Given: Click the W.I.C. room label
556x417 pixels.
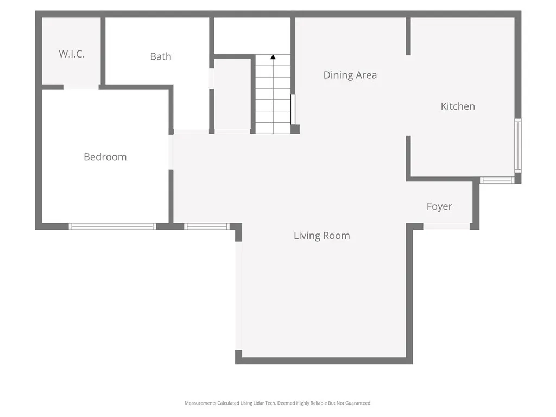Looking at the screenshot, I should (x=72, y=54).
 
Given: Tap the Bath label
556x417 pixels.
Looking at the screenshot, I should (x=161, y=56).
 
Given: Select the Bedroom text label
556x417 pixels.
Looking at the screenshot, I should (x=105, y=157).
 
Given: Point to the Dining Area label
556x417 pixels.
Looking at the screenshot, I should (x=350, y=75).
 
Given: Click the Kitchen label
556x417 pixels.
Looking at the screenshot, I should (x=458, y=106).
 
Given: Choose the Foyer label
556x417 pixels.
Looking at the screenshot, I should (x=439, y=206).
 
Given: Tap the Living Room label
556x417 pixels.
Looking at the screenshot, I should (x=322, y=236).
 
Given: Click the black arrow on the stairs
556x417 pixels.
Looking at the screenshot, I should (x=273, y=56).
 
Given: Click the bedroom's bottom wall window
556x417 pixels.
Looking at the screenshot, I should (x=112, y=226).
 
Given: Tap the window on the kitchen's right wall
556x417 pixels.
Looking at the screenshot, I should (x=517, y=146).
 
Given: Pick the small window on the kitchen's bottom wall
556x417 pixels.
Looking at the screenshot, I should (x=497, y=180).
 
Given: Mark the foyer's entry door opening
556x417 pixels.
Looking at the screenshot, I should (x=446, y=226).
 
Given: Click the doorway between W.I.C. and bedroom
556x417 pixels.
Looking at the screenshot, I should (x=81, y=87).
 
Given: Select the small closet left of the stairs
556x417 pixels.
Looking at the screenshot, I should (x=232, y=94).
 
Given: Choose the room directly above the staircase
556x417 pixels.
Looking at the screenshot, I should (x=252, y=35).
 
